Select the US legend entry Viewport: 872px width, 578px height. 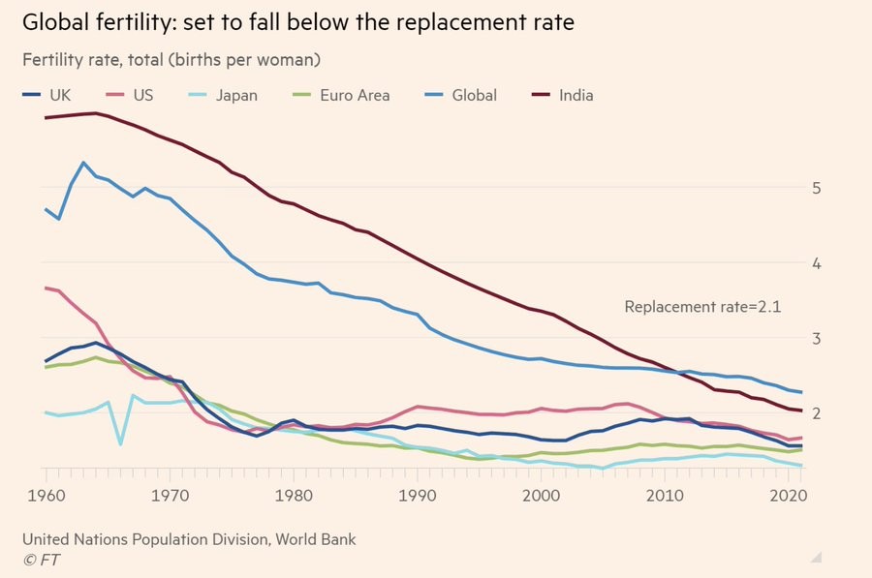pos(131,95)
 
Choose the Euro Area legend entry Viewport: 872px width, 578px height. pos(343,95)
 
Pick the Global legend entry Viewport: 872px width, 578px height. pos(462,95)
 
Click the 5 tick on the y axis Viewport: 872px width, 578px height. pos(816,187)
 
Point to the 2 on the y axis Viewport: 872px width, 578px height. pos(816,413)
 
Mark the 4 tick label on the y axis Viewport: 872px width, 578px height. pos(816,262)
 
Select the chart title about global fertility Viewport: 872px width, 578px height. pos(298,22)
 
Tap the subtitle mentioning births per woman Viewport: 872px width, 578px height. pos(171,60)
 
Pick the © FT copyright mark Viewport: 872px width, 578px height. pos(39,560)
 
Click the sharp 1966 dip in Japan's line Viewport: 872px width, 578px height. pos(120,444)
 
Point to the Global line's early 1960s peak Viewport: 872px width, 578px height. pos(83,163)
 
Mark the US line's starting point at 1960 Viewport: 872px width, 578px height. pos(46,288)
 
